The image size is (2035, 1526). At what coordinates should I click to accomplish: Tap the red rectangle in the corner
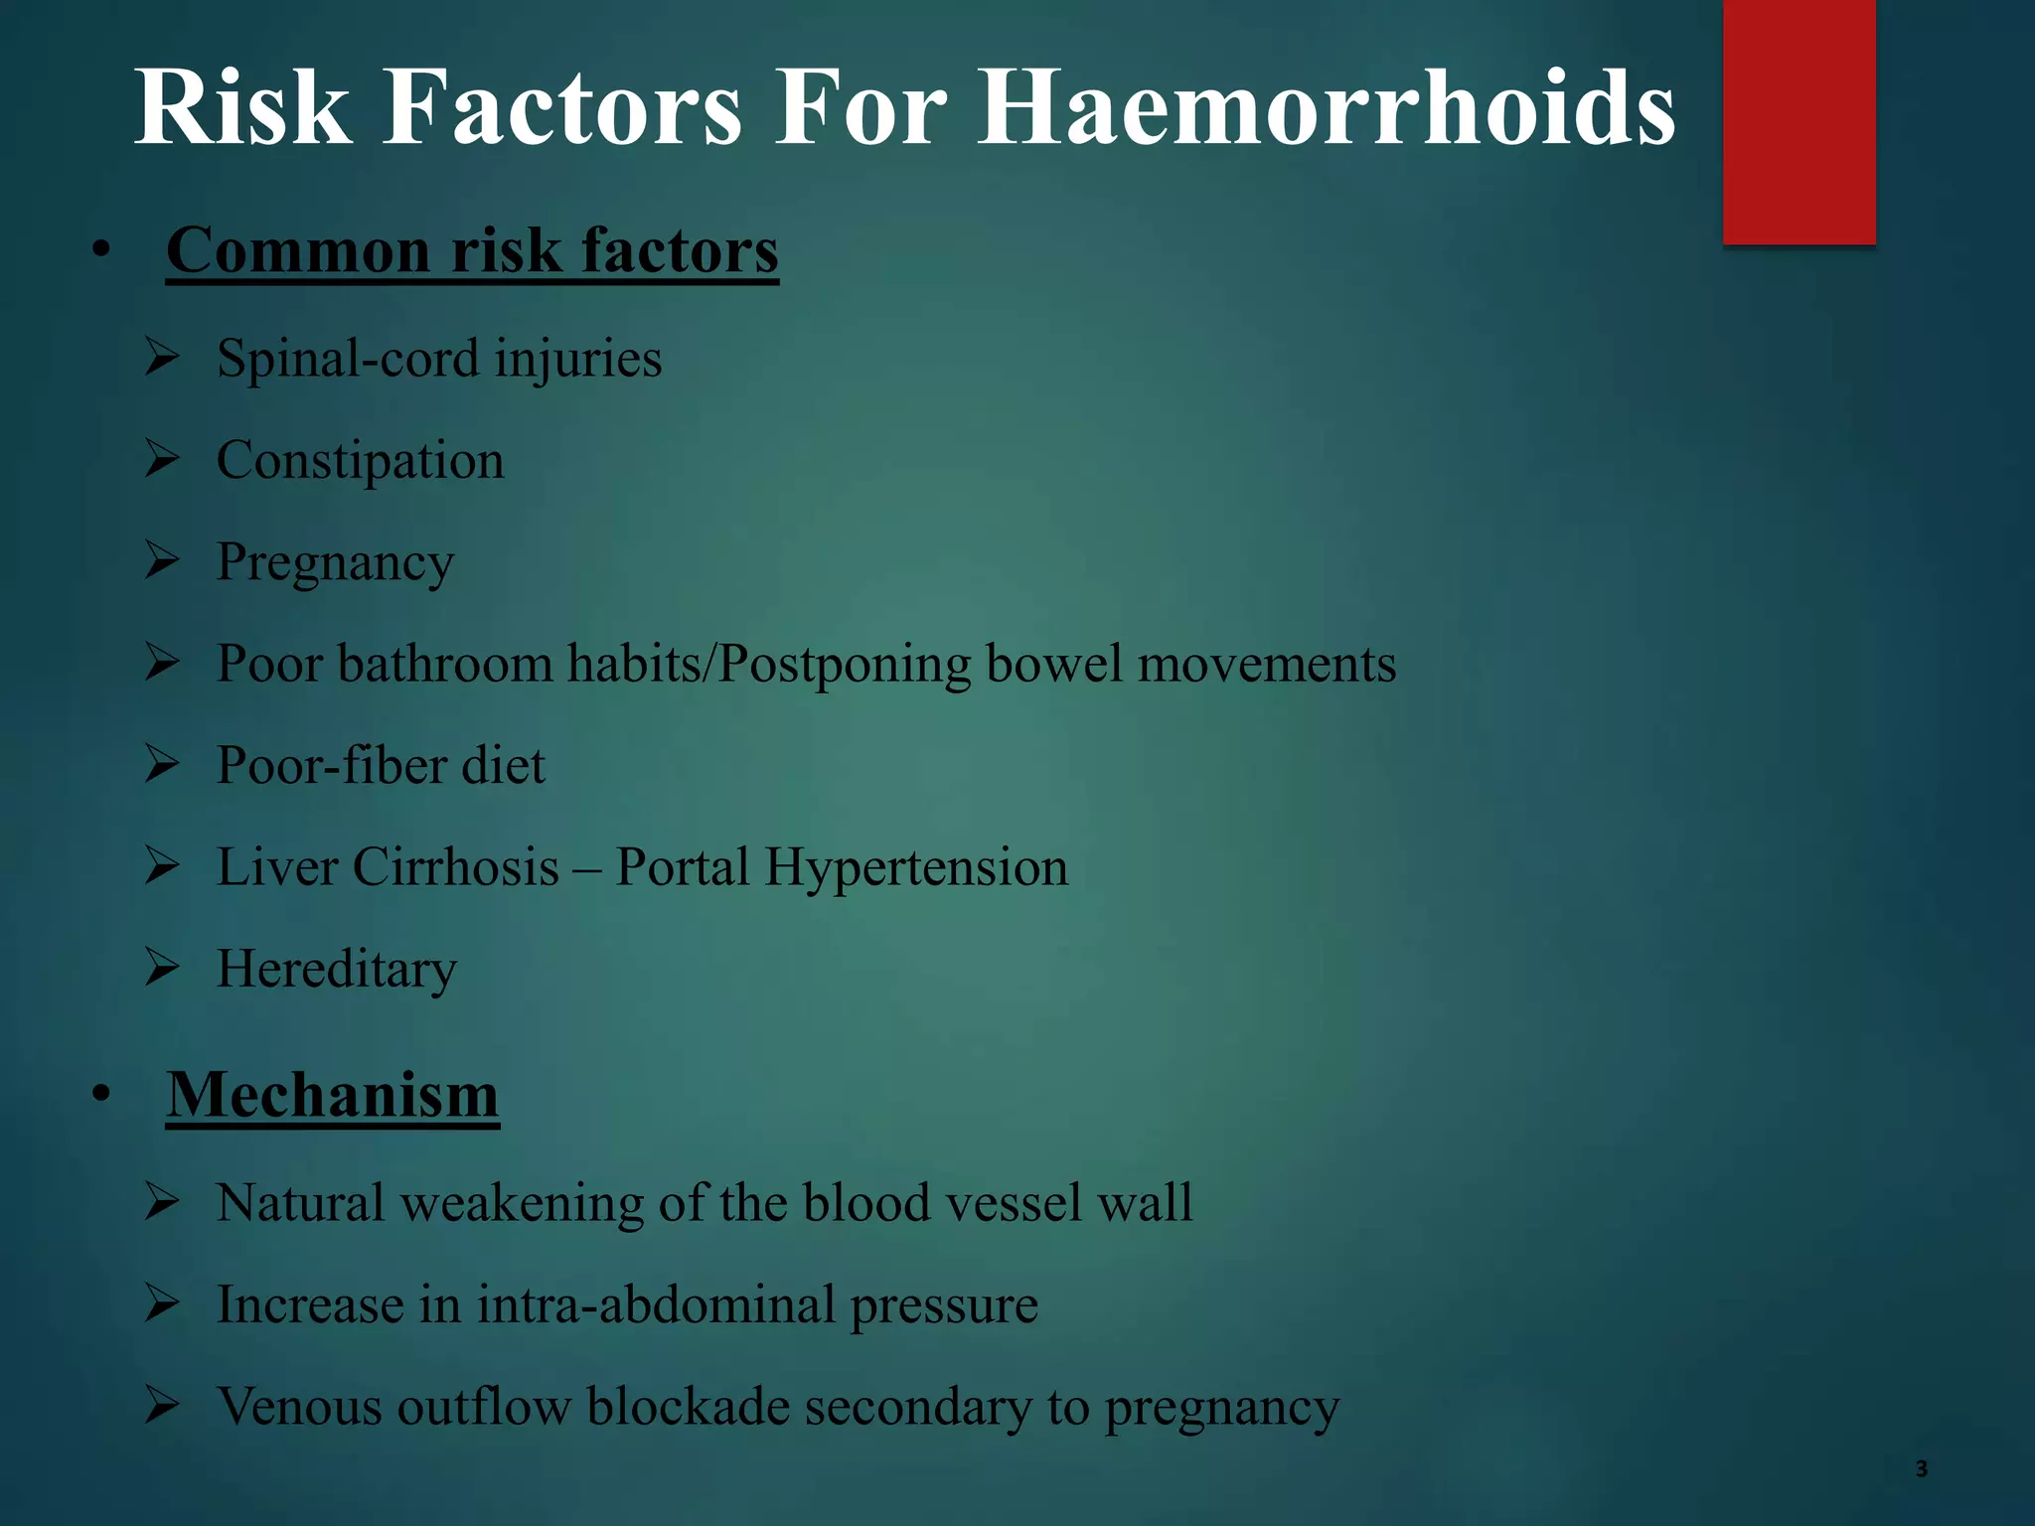(1799, 121)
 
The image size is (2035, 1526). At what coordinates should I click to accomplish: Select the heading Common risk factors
(472, 250)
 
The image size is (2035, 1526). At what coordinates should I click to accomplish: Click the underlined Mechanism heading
(332, 1095)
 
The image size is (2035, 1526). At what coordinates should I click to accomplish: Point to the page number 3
(1921, 1469)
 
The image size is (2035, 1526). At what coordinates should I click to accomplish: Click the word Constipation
(360, 461)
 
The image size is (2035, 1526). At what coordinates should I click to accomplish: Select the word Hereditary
(337, 969)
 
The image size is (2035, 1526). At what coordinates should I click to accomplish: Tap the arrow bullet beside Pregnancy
(161, 560)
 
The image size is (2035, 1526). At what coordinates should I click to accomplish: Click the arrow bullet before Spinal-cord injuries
(161, 357)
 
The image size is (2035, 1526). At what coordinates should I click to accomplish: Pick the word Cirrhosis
(456, 867)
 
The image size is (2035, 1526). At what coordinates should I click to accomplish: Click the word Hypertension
(915, 867)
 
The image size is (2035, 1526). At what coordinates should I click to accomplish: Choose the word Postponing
(845, 665)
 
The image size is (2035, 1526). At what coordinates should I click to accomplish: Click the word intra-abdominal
(656, 1304)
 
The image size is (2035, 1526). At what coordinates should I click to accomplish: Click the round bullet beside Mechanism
(100, 1095)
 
